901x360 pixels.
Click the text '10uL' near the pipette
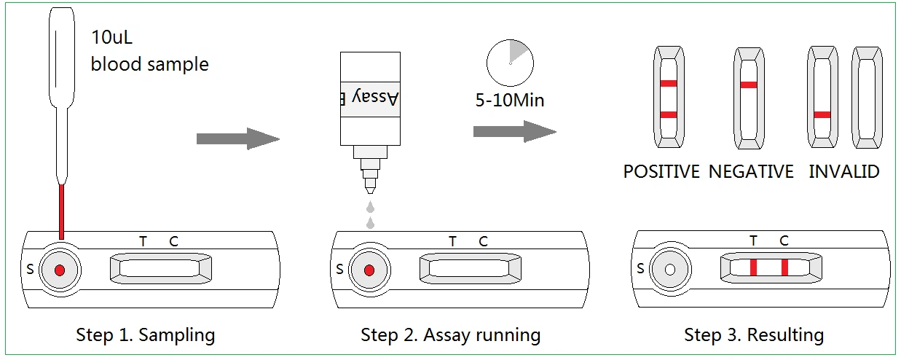111,36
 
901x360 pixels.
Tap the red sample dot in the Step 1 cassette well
60,270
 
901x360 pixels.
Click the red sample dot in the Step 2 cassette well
369,270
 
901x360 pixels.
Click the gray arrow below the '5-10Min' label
514,131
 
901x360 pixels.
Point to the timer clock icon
509,62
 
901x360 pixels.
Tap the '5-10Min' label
509,100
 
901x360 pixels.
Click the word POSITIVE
661,172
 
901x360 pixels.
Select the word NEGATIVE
751,172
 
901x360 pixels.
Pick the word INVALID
844,172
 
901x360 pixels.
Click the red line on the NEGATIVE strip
749,85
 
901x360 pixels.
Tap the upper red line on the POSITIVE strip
669,84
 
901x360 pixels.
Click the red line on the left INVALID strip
822,114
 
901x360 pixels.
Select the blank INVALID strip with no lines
867,95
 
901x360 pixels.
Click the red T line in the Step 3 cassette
753,267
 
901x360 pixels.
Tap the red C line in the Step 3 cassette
784,267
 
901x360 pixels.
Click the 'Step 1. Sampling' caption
146,335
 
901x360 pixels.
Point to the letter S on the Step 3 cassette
640,268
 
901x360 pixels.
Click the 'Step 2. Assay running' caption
451,335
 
